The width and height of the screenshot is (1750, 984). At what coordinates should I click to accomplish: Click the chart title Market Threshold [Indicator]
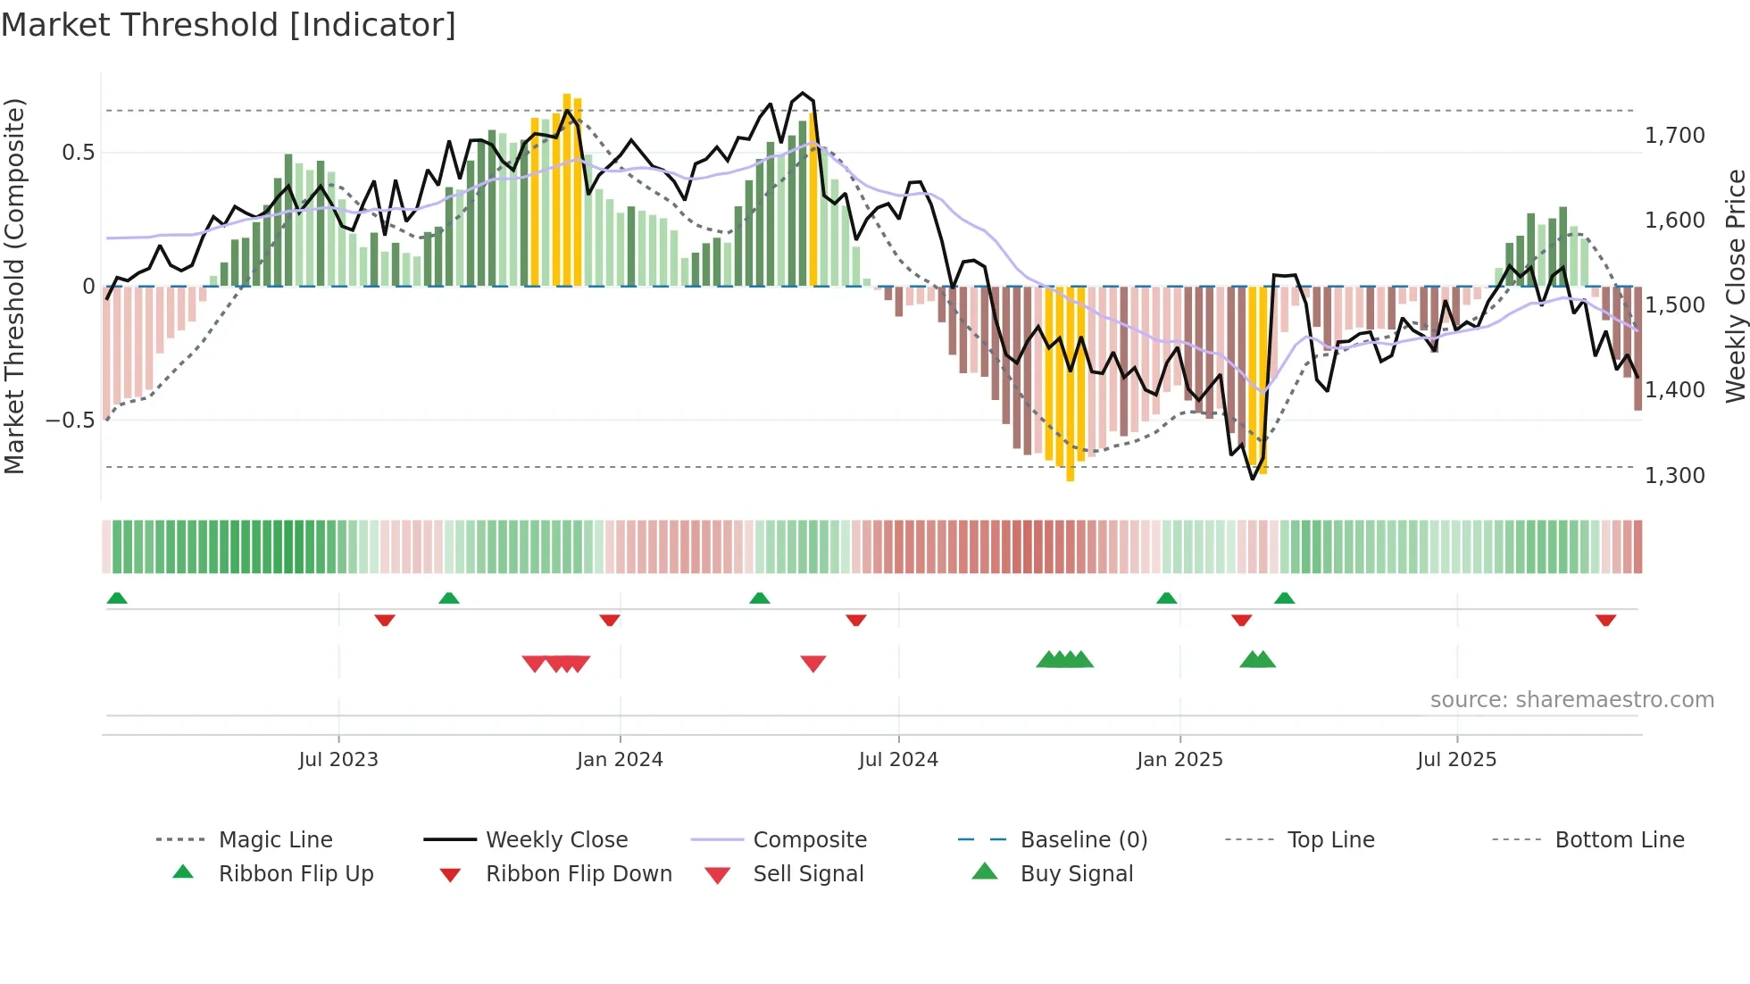coord(229,25)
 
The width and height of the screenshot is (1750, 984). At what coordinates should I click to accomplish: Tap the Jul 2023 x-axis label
coord(338,760)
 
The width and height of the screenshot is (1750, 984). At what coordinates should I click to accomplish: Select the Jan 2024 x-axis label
coord(620,760)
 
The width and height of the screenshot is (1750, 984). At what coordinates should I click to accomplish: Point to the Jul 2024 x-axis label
coord(898,760)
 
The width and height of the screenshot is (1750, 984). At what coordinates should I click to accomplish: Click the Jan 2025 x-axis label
coord(1179,760)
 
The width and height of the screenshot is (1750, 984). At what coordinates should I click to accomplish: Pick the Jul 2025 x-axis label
coord(1456,760)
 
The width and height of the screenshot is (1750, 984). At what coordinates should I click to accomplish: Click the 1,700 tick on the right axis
coord(1674,136)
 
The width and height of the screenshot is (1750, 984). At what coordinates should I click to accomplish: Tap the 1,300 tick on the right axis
coord(1674,475)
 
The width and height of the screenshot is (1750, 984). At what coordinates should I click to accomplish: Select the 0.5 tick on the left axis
coord(78,153)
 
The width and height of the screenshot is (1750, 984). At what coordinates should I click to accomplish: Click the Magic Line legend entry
coord(275,840)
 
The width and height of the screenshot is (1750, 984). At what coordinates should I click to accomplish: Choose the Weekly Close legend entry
coord(556,840)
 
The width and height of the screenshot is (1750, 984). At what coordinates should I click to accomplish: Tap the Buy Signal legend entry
coord(1076,874)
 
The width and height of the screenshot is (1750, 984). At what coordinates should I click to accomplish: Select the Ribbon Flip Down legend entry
coord(578,874)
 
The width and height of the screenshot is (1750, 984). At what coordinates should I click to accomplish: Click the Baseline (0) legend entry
coord(1083,840)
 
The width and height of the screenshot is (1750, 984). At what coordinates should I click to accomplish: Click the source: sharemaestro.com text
coord(1571,700)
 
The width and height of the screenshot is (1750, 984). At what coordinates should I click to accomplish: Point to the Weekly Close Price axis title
coord(1735,286)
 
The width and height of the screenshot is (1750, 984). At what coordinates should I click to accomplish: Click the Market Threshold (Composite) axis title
coord(14,286)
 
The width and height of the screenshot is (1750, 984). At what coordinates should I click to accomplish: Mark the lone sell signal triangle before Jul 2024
coord(812,663)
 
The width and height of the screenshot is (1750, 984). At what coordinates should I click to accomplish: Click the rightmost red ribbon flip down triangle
coord(1605,620)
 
